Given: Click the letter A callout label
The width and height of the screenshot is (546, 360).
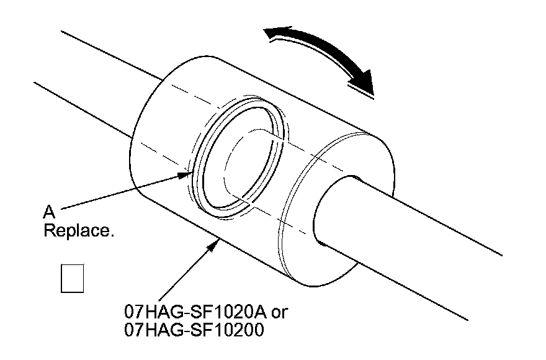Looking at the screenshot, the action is click(48, 212).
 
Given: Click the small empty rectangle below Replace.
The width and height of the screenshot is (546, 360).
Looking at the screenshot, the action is click(72, 277).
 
